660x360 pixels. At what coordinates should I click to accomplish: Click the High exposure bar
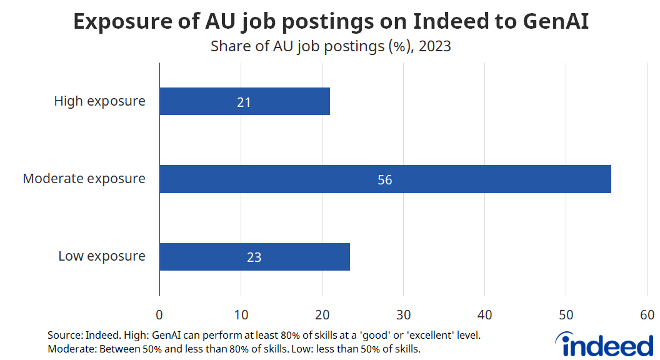pos(244,101)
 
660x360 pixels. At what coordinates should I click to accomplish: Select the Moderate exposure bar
pos(385,179)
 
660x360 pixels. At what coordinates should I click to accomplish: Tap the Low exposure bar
pos(254,257)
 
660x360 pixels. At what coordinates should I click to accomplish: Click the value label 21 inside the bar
pos(244,102)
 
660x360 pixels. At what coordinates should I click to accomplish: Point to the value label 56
pos(385,180)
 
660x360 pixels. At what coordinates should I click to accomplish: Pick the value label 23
pos(254,257)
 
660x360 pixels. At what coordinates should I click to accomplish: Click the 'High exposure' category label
pos(99,101)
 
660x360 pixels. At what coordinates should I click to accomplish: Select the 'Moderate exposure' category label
pos(84,179)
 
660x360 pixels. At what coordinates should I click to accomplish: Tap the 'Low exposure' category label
pos(102,256)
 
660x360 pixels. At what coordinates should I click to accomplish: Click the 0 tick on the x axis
pos(159,314)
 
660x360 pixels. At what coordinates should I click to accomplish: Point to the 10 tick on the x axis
pos(241,314)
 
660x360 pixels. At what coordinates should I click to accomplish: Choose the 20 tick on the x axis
pos(322,314)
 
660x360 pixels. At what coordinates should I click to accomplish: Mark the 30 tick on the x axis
pos(403,314)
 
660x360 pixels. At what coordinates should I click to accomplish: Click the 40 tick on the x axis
pos(484,314)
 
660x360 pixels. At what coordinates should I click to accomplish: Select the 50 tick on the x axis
pos(566,314)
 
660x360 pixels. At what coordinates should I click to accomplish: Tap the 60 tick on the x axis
pos(647,314)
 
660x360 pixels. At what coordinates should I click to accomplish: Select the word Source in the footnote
pos(62,336)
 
